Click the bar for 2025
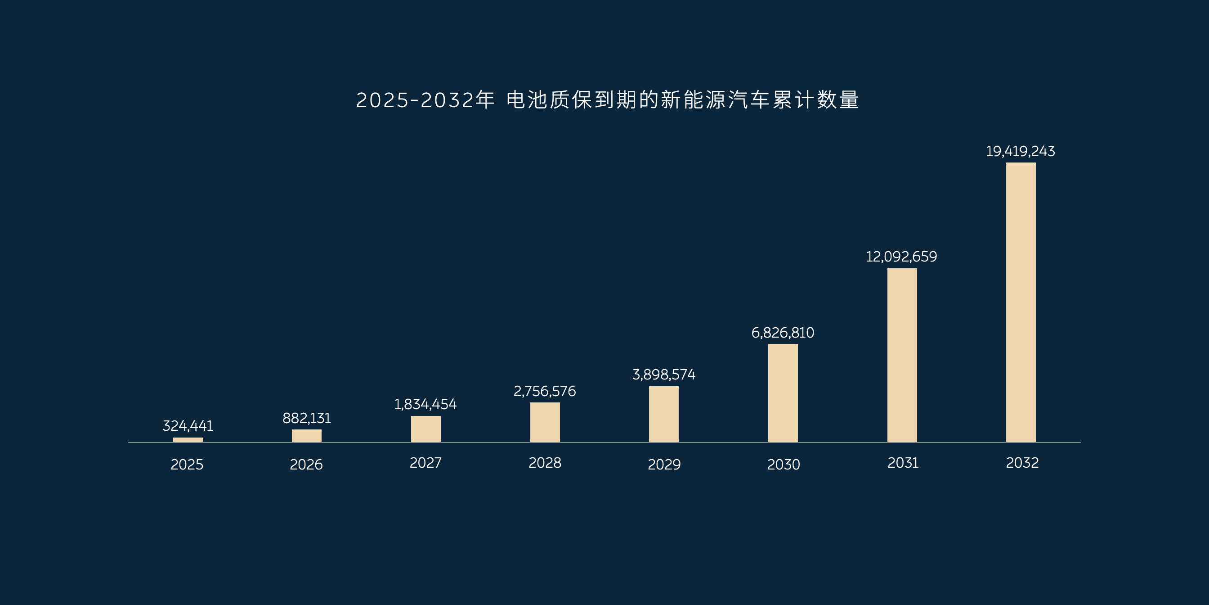pos(188,440)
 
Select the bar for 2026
pos(306,435)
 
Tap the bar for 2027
pos(425,429)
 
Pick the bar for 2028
pos(545,422)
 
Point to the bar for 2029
pos(663,414)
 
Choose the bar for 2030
pos(783,393)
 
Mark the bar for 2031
pos(902,355)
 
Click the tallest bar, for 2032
pos(1021,302)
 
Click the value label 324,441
pos(188,425)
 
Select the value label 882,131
pos(306,418)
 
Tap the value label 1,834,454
pos(425,404)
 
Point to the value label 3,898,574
pos(663,375)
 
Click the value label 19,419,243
pos(1021,151)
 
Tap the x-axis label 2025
pos(187,465)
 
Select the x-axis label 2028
pos(545,463)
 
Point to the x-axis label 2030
pos(784,465)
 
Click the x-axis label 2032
pos(1022,463)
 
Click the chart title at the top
pos(607,100)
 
